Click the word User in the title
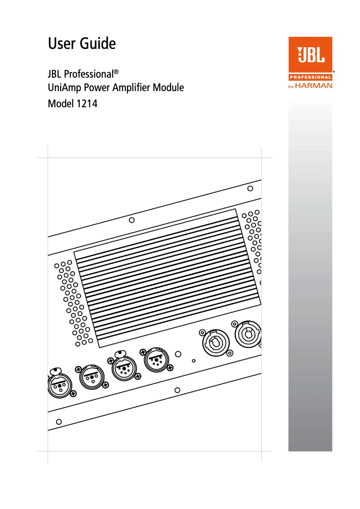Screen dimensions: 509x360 coord(61,44)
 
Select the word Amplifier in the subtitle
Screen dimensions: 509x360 coord(132,88)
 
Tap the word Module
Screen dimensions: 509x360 coord(169,88)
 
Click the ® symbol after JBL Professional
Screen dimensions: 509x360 coord(116,71)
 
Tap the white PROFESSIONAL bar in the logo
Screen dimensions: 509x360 coord(310,77)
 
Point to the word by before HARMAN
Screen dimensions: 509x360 coord(291,86)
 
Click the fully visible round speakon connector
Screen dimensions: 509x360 coord(215,342)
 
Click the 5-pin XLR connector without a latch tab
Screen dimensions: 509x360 coord(156,360)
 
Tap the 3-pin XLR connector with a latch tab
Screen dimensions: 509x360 coord(58,385)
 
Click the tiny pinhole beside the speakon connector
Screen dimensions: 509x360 coord(193,360)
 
